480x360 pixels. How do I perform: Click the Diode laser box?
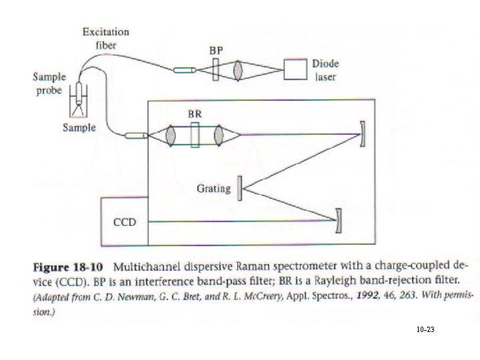coord(294,69)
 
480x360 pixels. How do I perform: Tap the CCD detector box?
coord(124,221)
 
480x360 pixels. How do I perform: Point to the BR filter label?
coord(194,115)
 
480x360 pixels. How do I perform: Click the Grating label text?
coord(213,189)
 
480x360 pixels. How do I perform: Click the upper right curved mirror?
coord(363,134)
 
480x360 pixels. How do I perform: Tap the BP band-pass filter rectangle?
coord(215,69)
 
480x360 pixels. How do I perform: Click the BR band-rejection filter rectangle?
coord(194,135)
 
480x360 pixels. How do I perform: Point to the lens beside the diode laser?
coord(239,69)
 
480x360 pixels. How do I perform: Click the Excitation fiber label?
coord(105,38)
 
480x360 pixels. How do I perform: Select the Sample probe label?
coord(49,83)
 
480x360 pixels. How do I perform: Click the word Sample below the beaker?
coord(79,127)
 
